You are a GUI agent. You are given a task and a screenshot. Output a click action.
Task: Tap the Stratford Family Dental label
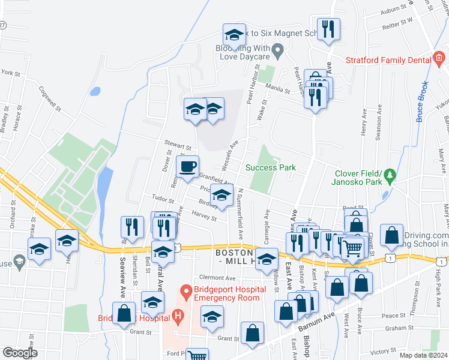click(x=388, y=59)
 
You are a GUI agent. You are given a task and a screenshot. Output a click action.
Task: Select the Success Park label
click(x=271, y=168)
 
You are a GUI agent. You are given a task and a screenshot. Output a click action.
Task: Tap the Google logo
click(x=20, y=353)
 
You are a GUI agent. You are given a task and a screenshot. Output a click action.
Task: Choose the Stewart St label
click(x=177, y=145)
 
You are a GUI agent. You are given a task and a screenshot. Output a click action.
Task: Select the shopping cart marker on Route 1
click(x=353, y=247)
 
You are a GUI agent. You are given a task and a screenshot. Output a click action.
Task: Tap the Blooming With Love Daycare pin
click(x=278, y=51)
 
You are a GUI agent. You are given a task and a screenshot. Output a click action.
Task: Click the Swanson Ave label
click(x=378, y=125)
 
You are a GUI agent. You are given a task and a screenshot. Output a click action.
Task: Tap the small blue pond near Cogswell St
click(x=95, y=92)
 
